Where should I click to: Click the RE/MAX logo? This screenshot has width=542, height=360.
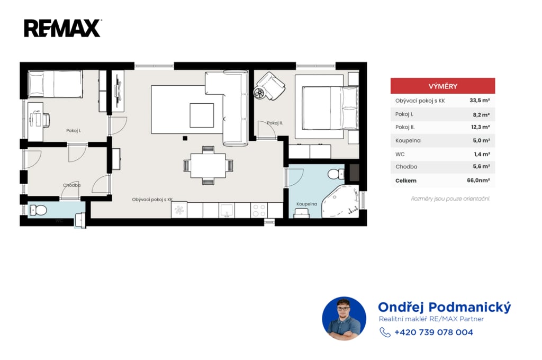(62, 29)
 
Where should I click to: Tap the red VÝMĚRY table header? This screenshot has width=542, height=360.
(442, 86)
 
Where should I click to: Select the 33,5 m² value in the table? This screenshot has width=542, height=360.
(480, 101)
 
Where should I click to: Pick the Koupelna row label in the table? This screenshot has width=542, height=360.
(408, 141)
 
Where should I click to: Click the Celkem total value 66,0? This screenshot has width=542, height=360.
(478, 180)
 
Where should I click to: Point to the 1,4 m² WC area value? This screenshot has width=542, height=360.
(482, 154)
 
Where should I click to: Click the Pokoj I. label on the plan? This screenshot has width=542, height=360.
(74, 131)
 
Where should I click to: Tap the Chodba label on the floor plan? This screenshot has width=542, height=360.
(71, 185)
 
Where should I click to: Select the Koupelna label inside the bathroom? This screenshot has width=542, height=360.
(306, 204)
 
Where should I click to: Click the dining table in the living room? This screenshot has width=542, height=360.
(208, 166)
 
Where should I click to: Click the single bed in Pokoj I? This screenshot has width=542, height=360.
(55, 84)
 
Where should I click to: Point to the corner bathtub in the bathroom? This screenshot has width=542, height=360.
(340, 202)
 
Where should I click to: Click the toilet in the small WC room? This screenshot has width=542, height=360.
(38, 210)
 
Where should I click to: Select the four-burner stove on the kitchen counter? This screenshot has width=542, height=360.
(259, 210)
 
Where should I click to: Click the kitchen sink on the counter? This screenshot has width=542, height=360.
(227, 210)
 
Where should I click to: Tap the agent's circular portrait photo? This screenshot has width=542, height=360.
(344, 319)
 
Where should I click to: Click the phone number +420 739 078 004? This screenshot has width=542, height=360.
(433, 332)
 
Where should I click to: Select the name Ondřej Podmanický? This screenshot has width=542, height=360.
(444, 307)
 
